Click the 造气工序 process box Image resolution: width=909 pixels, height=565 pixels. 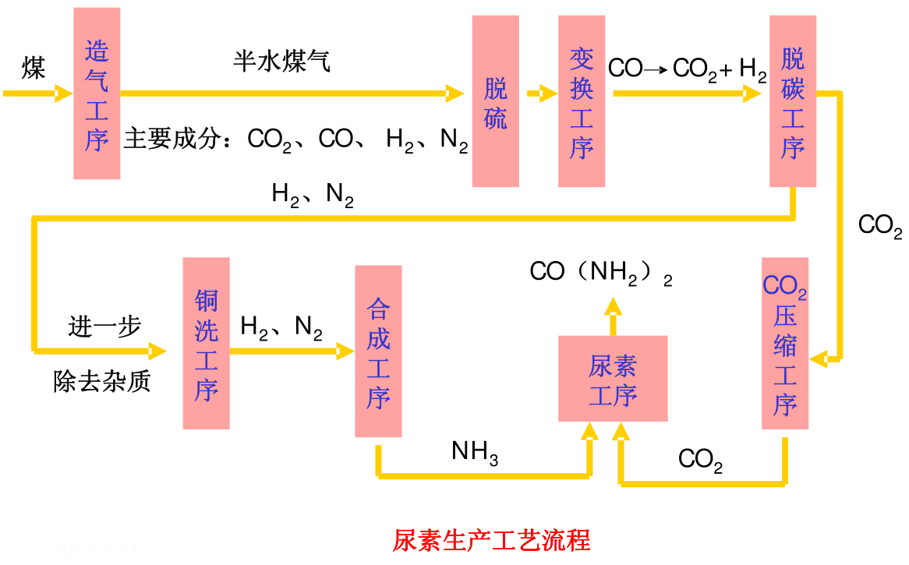pyautogui.click(x=97, y=94)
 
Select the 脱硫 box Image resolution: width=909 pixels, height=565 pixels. pyautogui.click(x=495, y=101)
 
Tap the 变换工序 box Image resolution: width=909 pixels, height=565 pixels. pyautogui.click(x=582, y=101)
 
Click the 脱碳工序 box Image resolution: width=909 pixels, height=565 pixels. pyautogui.click(x=792, y=101)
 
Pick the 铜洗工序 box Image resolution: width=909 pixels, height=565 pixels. pyautogui.click(x=206, y=343)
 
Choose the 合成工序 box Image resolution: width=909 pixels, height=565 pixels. pyautogui.click(x=378, y=351)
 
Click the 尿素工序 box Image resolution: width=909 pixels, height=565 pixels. pyautogui.click(x=613, y=379)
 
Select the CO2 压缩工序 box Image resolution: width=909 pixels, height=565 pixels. pyautogui.click(x=784, y=343)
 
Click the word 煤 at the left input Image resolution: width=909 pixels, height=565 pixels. pyautogui.click(x=34, y=69)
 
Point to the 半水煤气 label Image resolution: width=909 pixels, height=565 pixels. pyautogui.click(x=281, y=62)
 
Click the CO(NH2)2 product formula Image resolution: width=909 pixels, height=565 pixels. pyautogui.click(x=600, y=272)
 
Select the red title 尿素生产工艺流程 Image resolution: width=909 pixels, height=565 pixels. pyautogui.click(x=491, y=540)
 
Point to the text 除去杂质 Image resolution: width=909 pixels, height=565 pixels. pyautogui.click(x=102, y=381)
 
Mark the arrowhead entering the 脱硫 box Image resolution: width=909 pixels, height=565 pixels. pyautogui.click(x=456, y=94)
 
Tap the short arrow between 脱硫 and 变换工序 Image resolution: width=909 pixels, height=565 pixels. pyautogui.click(x=542, y=94)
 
